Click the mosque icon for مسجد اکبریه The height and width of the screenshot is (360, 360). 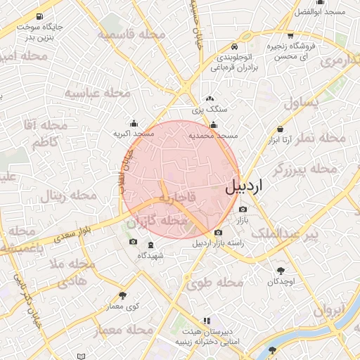[x=134, y=123]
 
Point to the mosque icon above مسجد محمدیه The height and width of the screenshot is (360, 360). [x=214, y=125]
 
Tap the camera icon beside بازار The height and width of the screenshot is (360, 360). [x=243, y=209]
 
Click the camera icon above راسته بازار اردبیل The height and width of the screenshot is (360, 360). [x=218, y=233]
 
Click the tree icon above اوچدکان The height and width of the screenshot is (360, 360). [x=281, y=271]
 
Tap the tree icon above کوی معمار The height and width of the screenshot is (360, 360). [x=123, y=296]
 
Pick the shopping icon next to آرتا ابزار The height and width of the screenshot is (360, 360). [x=281, y=129]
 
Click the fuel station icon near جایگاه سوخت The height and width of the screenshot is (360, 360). [x=37, y=16]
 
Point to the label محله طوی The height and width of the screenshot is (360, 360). [x=214, y=283]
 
